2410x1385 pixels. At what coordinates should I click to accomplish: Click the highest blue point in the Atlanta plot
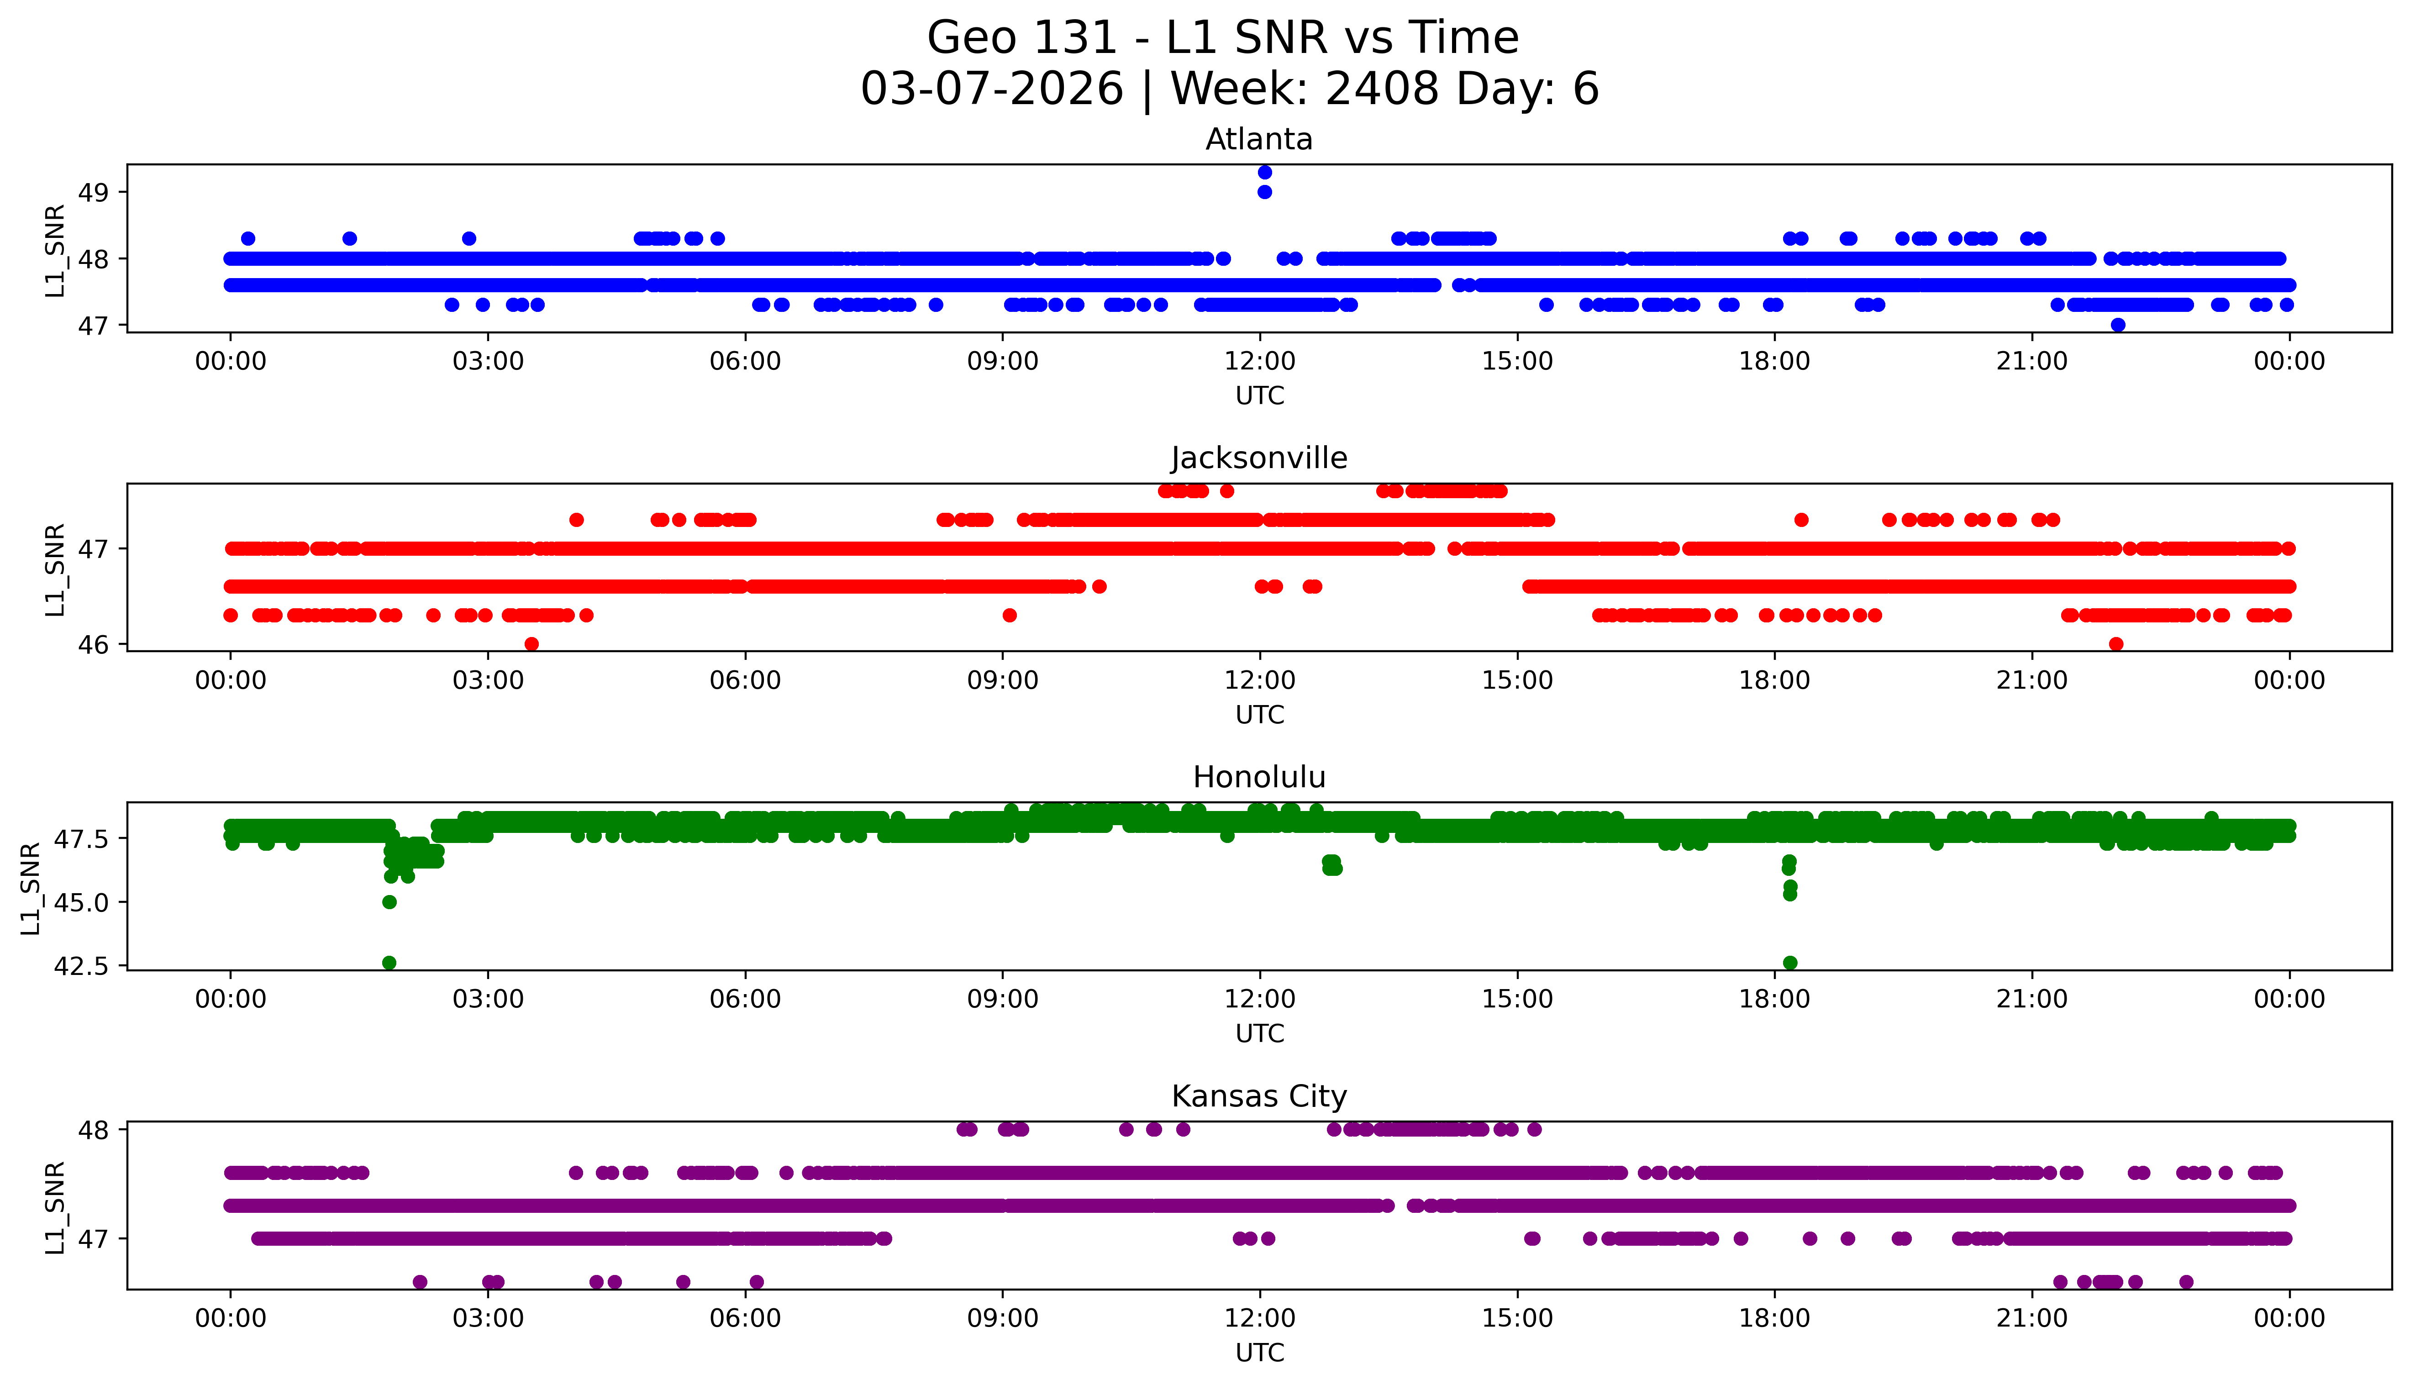point(1264,172)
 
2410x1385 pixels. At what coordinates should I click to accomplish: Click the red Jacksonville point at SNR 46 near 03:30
point(531,644)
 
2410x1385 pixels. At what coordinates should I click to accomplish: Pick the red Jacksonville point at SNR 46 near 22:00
point(2115,644)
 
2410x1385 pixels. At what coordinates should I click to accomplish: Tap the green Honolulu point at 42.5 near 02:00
point(389,963)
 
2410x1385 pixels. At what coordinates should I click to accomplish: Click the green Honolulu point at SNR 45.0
point(389,902)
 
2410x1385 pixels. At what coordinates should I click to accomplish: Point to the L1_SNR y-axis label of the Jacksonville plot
point(55,569)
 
